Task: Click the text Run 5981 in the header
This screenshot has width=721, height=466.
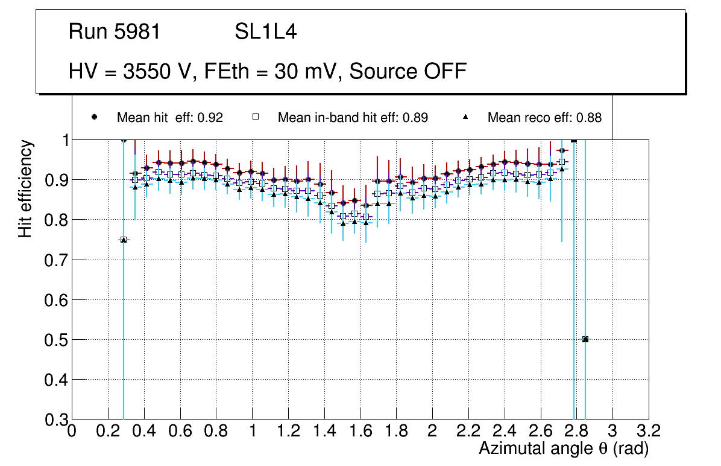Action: (x=115, y=32)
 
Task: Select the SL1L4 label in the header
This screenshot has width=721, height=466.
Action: (x=265, y=32)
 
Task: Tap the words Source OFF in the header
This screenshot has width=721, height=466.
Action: (x=408, y=71)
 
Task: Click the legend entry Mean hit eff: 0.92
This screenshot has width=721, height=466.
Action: (x=169, y=118)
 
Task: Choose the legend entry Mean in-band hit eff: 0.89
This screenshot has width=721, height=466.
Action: (x=353, y=118)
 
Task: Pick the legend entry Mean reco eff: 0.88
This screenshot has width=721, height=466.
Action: (x=544, y=118)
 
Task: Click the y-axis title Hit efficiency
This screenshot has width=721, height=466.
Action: (x=25, y=188)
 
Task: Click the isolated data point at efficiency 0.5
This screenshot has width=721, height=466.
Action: (x=585, y=339)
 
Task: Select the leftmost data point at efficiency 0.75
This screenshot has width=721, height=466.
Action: (x=124, y=240)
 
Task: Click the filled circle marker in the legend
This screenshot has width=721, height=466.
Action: (x=94, y=117)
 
